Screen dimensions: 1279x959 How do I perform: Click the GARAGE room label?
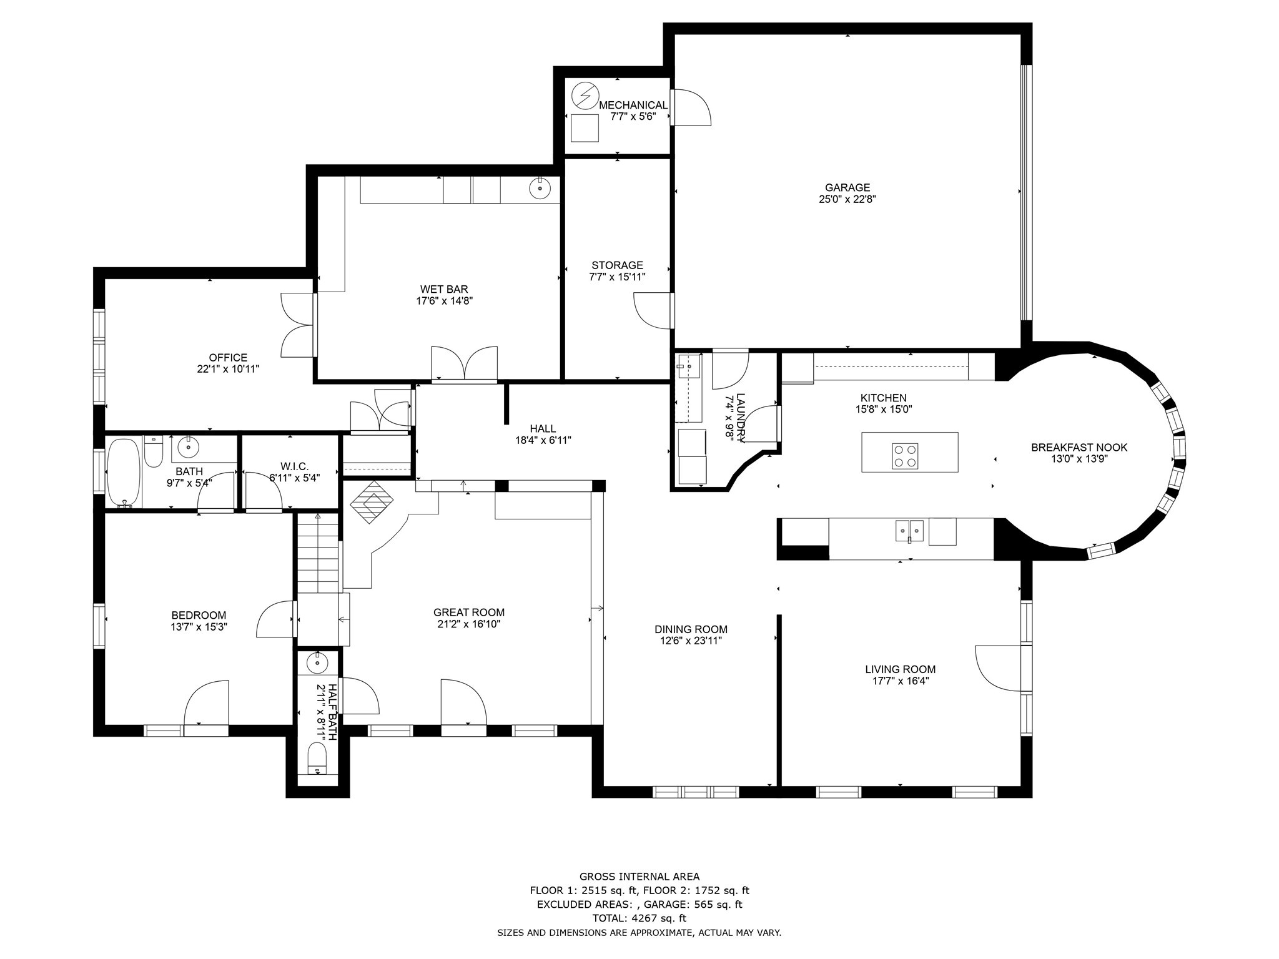847,187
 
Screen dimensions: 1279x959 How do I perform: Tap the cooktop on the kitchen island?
905,456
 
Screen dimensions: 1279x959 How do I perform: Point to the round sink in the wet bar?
539,187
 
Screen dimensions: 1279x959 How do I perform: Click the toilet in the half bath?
317,758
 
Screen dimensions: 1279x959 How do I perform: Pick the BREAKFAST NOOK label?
1079,448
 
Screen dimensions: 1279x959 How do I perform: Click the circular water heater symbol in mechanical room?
585,96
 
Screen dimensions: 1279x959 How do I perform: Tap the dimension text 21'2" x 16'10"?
469,624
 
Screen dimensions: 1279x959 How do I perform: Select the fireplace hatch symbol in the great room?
371,501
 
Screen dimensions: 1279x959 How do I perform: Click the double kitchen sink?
910,531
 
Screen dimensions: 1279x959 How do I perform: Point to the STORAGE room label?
617,265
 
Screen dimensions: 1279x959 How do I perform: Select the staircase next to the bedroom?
318,553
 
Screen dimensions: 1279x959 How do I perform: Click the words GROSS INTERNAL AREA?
639,877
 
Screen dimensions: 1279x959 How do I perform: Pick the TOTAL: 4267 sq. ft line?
639,918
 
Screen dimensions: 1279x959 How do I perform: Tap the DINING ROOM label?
691,629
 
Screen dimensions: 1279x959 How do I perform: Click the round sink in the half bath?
317,663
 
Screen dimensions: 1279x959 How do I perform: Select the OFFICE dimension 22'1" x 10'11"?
228,369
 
